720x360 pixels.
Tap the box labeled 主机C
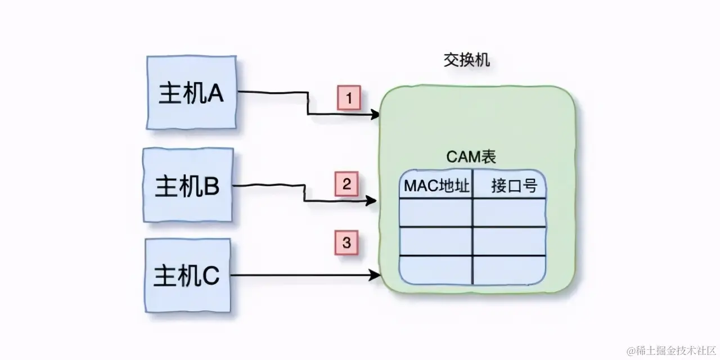pyautogui.click(x=187, y=276)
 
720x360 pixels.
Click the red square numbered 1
pyautogui.click(x=349, y=99)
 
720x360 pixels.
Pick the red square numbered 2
pyautogui.click(x=346, y=184)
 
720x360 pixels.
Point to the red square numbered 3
pyautogui.click(x=346, y=243)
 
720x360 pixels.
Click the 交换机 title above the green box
pyautogui.click(x=466, y=61)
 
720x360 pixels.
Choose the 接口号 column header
pyautogui.click(x=510, y=186)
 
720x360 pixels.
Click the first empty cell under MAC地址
pyautogui.click(x=436, y=212)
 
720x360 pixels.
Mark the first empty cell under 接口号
pyautogui.click(x=510, y=212)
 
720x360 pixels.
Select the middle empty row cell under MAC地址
pyautogui.click(x=436, y=241)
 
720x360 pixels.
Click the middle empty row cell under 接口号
pyautogui.click(x=510, y=241)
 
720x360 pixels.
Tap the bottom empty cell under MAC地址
pyautogui.click(x=436, y=270)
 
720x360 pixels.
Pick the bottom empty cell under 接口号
pyautogui.click(x=510, y=270)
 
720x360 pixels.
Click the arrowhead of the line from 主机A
pyautogui.click(x=376, y=115)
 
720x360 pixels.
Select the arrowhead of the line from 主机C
pyautogui.click(x=376, y=275)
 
